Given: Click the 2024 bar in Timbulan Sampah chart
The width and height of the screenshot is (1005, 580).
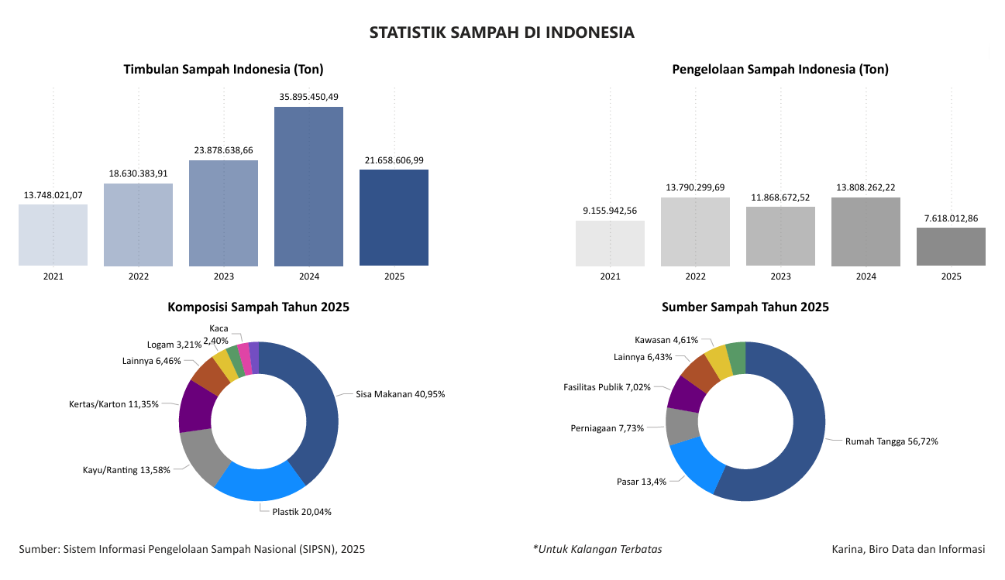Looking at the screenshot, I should [308, 186].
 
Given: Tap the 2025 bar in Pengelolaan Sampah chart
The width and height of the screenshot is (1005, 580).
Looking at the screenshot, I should [951, 246].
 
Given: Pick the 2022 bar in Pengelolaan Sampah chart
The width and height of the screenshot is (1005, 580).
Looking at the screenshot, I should [695, 232].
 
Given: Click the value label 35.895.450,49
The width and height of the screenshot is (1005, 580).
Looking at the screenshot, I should [308, 97].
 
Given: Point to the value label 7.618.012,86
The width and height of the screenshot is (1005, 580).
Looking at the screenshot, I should [951, 218].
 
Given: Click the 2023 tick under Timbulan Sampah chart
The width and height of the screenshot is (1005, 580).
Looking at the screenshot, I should [223, 276].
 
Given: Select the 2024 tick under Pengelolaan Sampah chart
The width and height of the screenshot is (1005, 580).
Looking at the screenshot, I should [866, 276].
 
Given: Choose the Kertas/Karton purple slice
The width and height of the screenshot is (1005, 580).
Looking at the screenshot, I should [194, 406].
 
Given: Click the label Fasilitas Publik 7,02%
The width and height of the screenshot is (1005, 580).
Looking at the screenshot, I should [607, 386].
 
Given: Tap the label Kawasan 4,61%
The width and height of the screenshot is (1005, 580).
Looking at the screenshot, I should [666, 340].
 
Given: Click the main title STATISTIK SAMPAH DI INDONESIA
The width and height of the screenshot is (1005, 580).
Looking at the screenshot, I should [502, 33].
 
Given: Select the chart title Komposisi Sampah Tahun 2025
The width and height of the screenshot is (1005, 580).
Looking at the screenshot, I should [258, 307].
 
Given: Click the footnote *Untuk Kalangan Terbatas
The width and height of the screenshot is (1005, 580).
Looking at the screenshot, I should [597, 549].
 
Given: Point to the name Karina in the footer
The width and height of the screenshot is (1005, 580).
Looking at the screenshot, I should [848, 549].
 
